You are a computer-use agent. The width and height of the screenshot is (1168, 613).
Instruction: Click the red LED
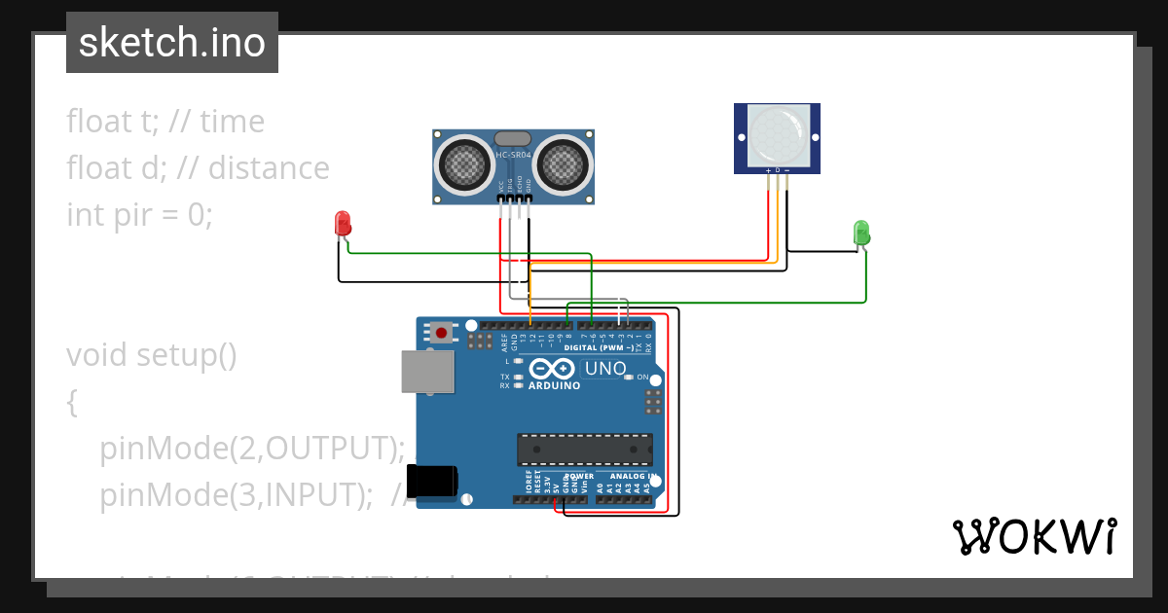(342, 224)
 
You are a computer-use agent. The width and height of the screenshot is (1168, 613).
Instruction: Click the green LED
(861, 233)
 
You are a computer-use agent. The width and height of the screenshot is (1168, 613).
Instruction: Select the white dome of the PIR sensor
(777, 134)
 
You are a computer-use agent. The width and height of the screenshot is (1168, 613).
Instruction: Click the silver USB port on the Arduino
(427, 372)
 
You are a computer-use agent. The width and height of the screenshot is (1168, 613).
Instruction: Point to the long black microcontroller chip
(585, 449)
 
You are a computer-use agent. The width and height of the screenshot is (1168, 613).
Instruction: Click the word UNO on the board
(603, 369)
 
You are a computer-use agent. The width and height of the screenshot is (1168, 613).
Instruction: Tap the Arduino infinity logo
(553, 369)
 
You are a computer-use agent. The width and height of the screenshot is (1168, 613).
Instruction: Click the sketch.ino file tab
(172, 43)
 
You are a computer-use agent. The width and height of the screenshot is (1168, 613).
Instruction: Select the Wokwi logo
(1034, 536)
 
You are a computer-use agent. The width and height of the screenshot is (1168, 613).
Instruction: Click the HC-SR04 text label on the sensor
(513, 155)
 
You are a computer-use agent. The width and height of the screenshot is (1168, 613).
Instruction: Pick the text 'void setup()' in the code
(152, 355)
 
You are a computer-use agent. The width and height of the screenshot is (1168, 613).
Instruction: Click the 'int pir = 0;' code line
(139, 215)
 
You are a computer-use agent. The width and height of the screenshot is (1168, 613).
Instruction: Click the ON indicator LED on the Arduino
(630, 377)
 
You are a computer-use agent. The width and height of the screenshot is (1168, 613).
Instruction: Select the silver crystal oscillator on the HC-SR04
(513, 138)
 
